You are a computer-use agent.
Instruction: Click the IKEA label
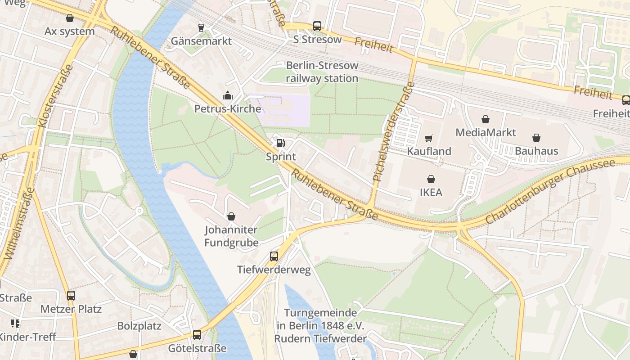[431, 193]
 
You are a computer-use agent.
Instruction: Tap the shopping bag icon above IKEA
[431, 179]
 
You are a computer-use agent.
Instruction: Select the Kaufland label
[429, 151]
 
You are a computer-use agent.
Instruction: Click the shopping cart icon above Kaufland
[429, 138]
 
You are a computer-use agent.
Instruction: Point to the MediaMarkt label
[486, 132]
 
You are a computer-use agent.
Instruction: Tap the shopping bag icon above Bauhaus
[536, 138]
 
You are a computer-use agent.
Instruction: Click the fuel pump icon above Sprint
[280, 144]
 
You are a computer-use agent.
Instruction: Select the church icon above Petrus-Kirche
[228, 95]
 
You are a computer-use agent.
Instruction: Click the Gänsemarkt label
[201, 41]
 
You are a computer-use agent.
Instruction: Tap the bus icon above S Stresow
[317, 26]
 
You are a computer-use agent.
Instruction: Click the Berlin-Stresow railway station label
[322, 72]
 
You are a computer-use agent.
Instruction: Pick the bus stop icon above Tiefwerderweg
[274, 256]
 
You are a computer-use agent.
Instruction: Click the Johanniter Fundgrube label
[231, 236]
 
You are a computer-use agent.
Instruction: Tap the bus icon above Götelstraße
[197, 335]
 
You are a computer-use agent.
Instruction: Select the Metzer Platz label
[71, 309]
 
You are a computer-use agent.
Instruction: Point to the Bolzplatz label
[139, 325]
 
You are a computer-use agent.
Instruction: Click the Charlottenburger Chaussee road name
[550, 191]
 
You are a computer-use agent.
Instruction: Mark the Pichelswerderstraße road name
[393, 131]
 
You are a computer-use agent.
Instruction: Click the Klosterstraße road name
[56, 95]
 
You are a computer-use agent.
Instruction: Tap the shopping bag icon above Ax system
[70, 18]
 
